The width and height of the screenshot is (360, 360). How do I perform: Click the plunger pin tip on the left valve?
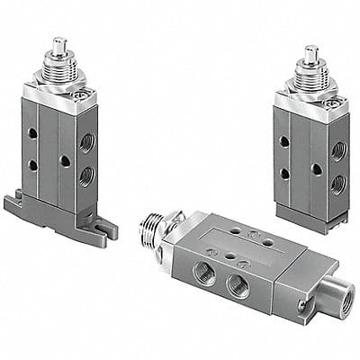tap(60, 43)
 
